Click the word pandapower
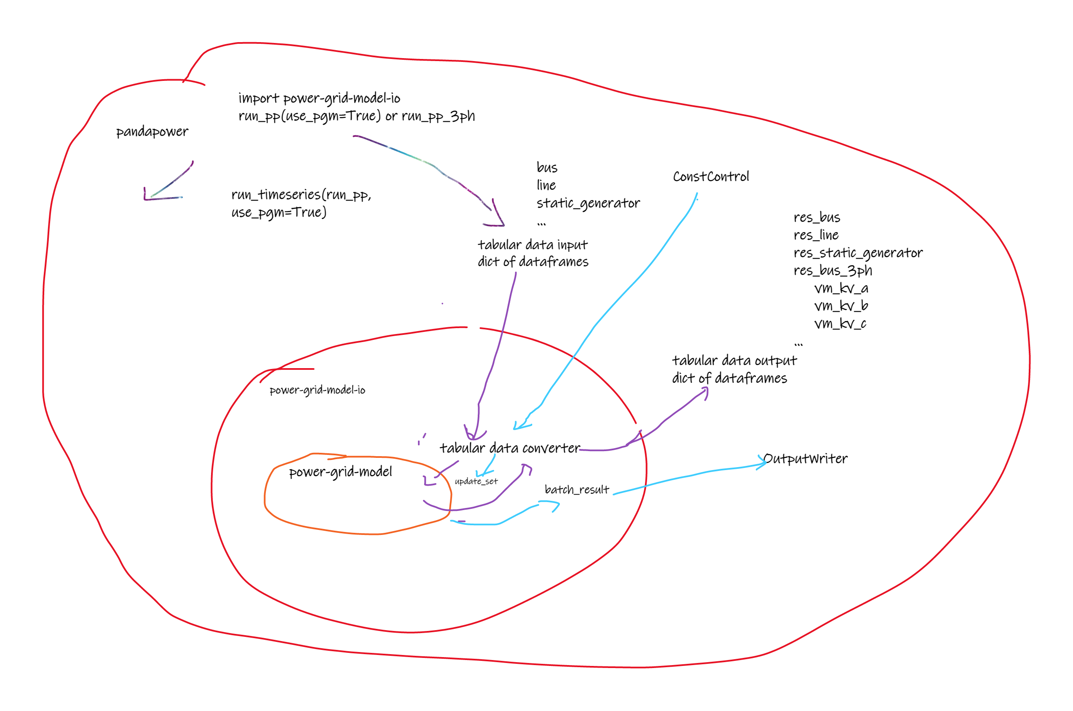coord(152,131)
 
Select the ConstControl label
coord(710,176)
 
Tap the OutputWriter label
coord(805,458)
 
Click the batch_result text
coord(576,490)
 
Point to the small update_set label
coord(476,481)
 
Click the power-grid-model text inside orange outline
coord(340,472)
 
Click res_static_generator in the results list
coord(858,253)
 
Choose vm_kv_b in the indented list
coord(841,306)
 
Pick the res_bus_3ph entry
coord(832,270)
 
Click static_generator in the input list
coord(588,203)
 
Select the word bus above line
coord(546,168)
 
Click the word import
coord(259,99)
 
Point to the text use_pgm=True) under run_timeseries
coord(278,212)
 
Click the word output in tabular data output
coord(775,361)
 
